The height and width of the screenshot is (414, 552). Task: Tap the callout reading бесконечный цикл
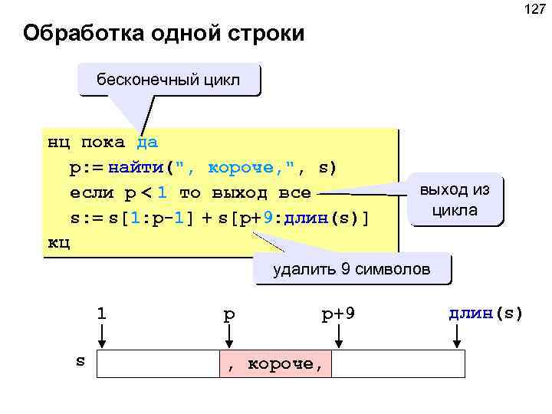point(168,80)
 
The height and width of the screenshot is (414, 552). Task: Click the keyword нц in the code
point(58,143)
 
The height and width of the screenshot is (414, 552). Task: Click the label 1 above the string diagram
point(101,314)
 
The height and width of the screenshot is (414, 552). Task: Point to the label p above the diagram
point(228,314)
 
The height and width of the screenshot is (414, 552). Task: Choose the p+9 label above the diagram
point(338,314)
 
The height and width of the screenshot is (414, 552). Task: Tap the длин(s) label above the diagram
point(485,314)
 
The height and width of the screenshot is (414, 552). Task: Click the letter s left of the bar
point(80,360)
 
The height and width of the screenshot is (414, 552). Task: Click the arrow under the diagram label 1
point(102,337)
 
